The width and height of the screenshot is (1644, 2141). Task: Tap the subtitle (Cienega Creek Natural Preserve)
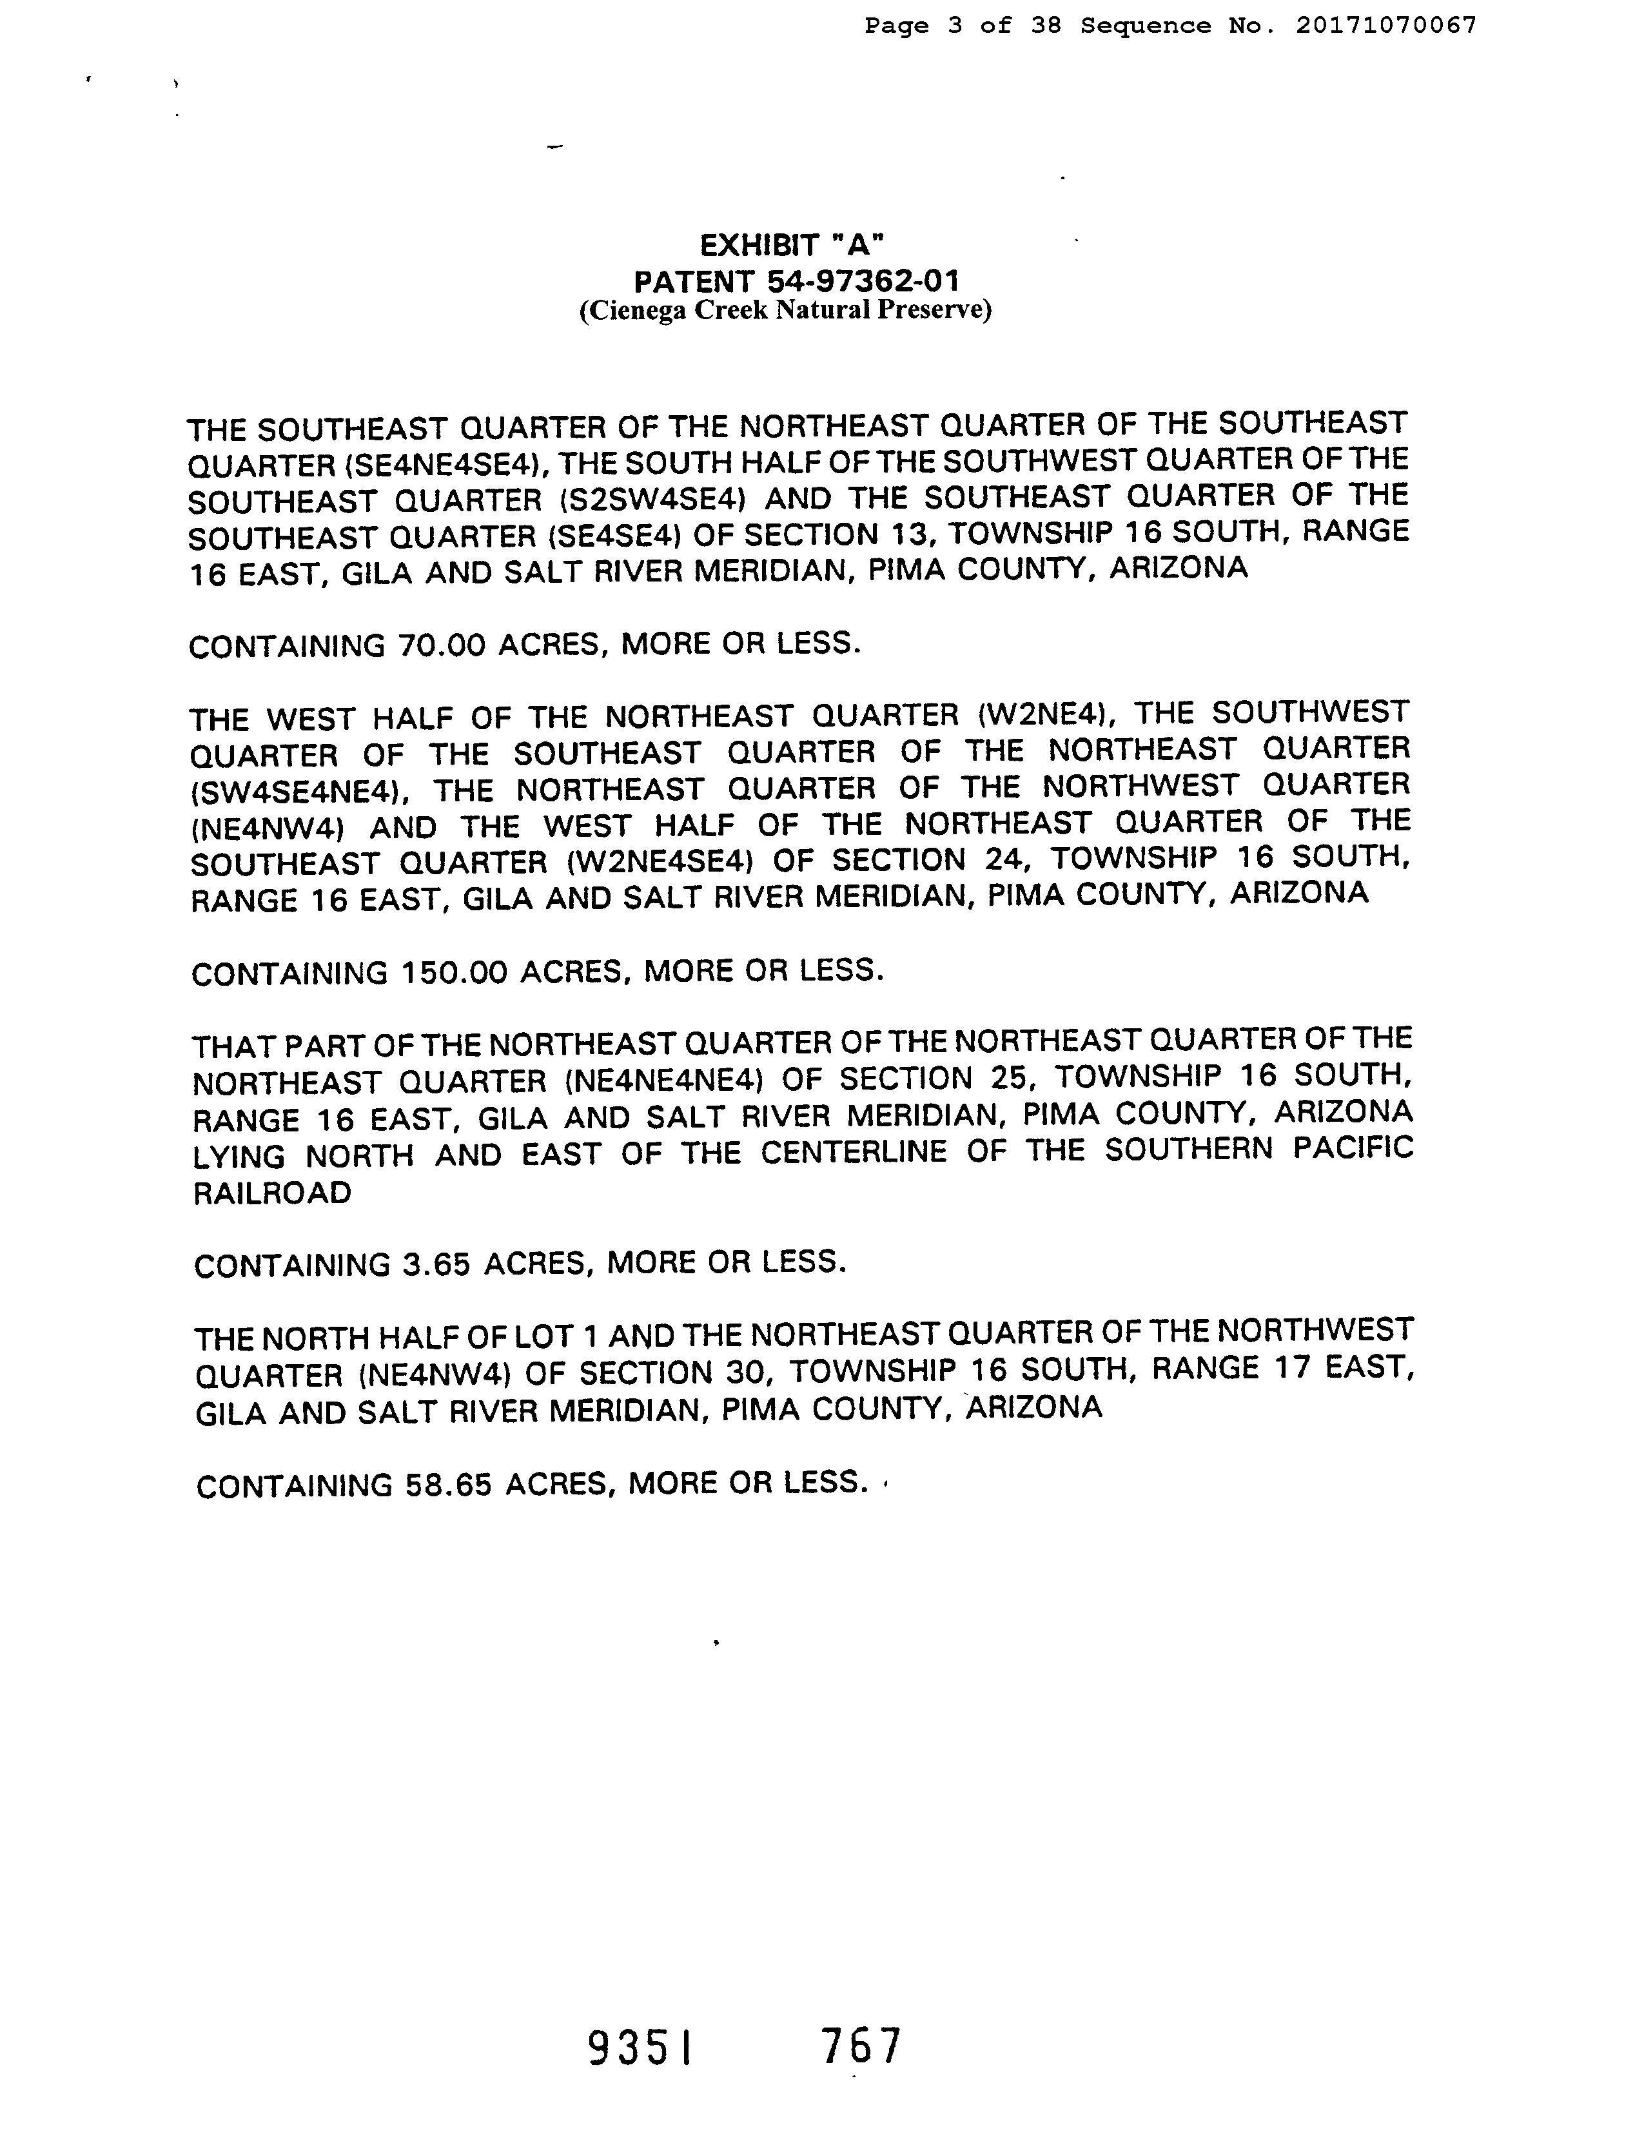coord(785,311)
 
